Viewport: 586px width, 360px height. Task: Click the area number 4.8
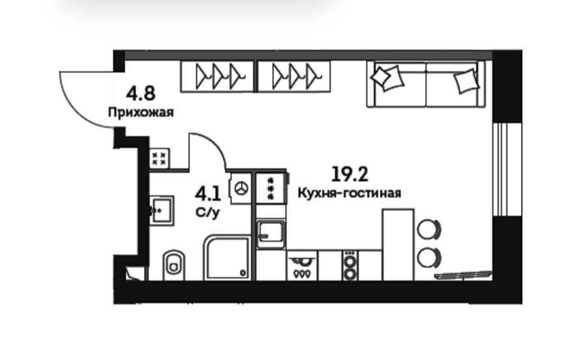[141, 94]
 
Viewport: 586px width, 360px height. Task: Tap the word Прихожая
[141, 112]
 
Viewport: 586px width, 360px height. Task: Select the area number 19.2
[350, 174]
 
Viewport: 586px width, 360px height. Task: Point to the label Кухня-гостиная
[350, 193]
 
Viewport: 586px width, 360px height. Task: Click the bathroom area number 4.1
[208, 195]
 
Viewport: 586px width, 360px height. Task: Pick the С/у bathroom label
[208, 213]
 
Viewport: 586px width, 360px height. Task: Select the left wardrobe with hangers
[217, 77]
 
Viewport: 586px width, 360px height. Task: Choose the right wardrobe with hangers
[294, 77]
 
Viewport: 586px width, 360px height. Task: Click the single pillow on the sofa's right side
[466, 81]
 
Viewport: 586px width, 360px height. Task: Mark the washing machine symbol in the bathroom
[241, 188]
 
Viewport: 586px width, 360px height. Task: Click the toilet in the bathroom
[174, 265]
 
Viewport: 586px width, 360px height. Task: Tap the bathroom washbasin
[162, 210]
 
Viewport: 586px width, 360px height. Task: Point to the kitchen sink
[271, 234]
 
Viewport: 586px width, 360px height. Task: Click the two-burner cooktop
[350, 266]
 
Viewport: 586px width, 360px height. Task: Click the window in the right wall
[502, 169]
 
